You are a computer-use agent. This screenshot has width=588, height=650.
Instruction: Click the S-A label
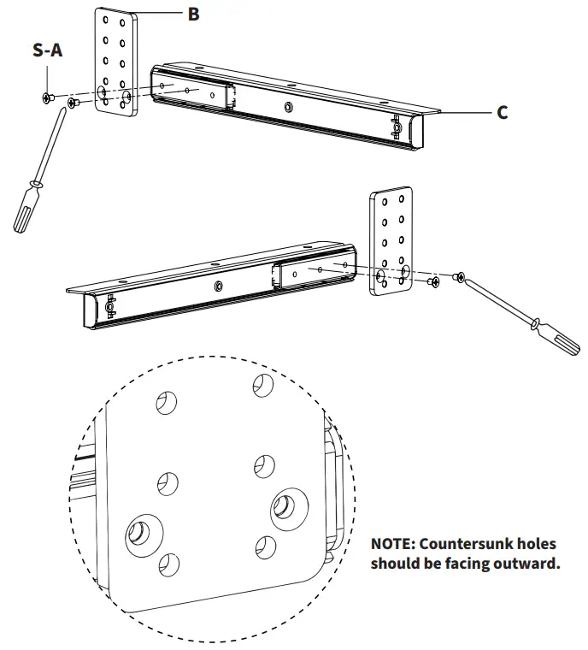pos(47,50)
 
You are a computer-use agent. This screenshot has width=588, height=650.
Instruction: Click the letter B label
pos(193,14)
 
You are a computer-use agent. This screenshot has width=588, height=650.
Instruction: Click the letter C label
pos(503,112)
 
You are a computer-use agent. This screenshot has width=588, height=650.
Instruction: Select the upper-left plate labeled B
pos(115,64)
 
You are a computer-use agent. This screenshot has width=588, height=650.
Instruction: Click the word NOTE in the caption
pos(393,544)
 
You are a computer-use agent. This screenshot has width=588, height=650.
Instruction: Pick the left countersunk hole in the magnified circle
pos(139,534)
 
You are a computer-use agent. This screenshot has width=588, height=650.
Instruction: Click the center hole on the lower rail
pos(219,286)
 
